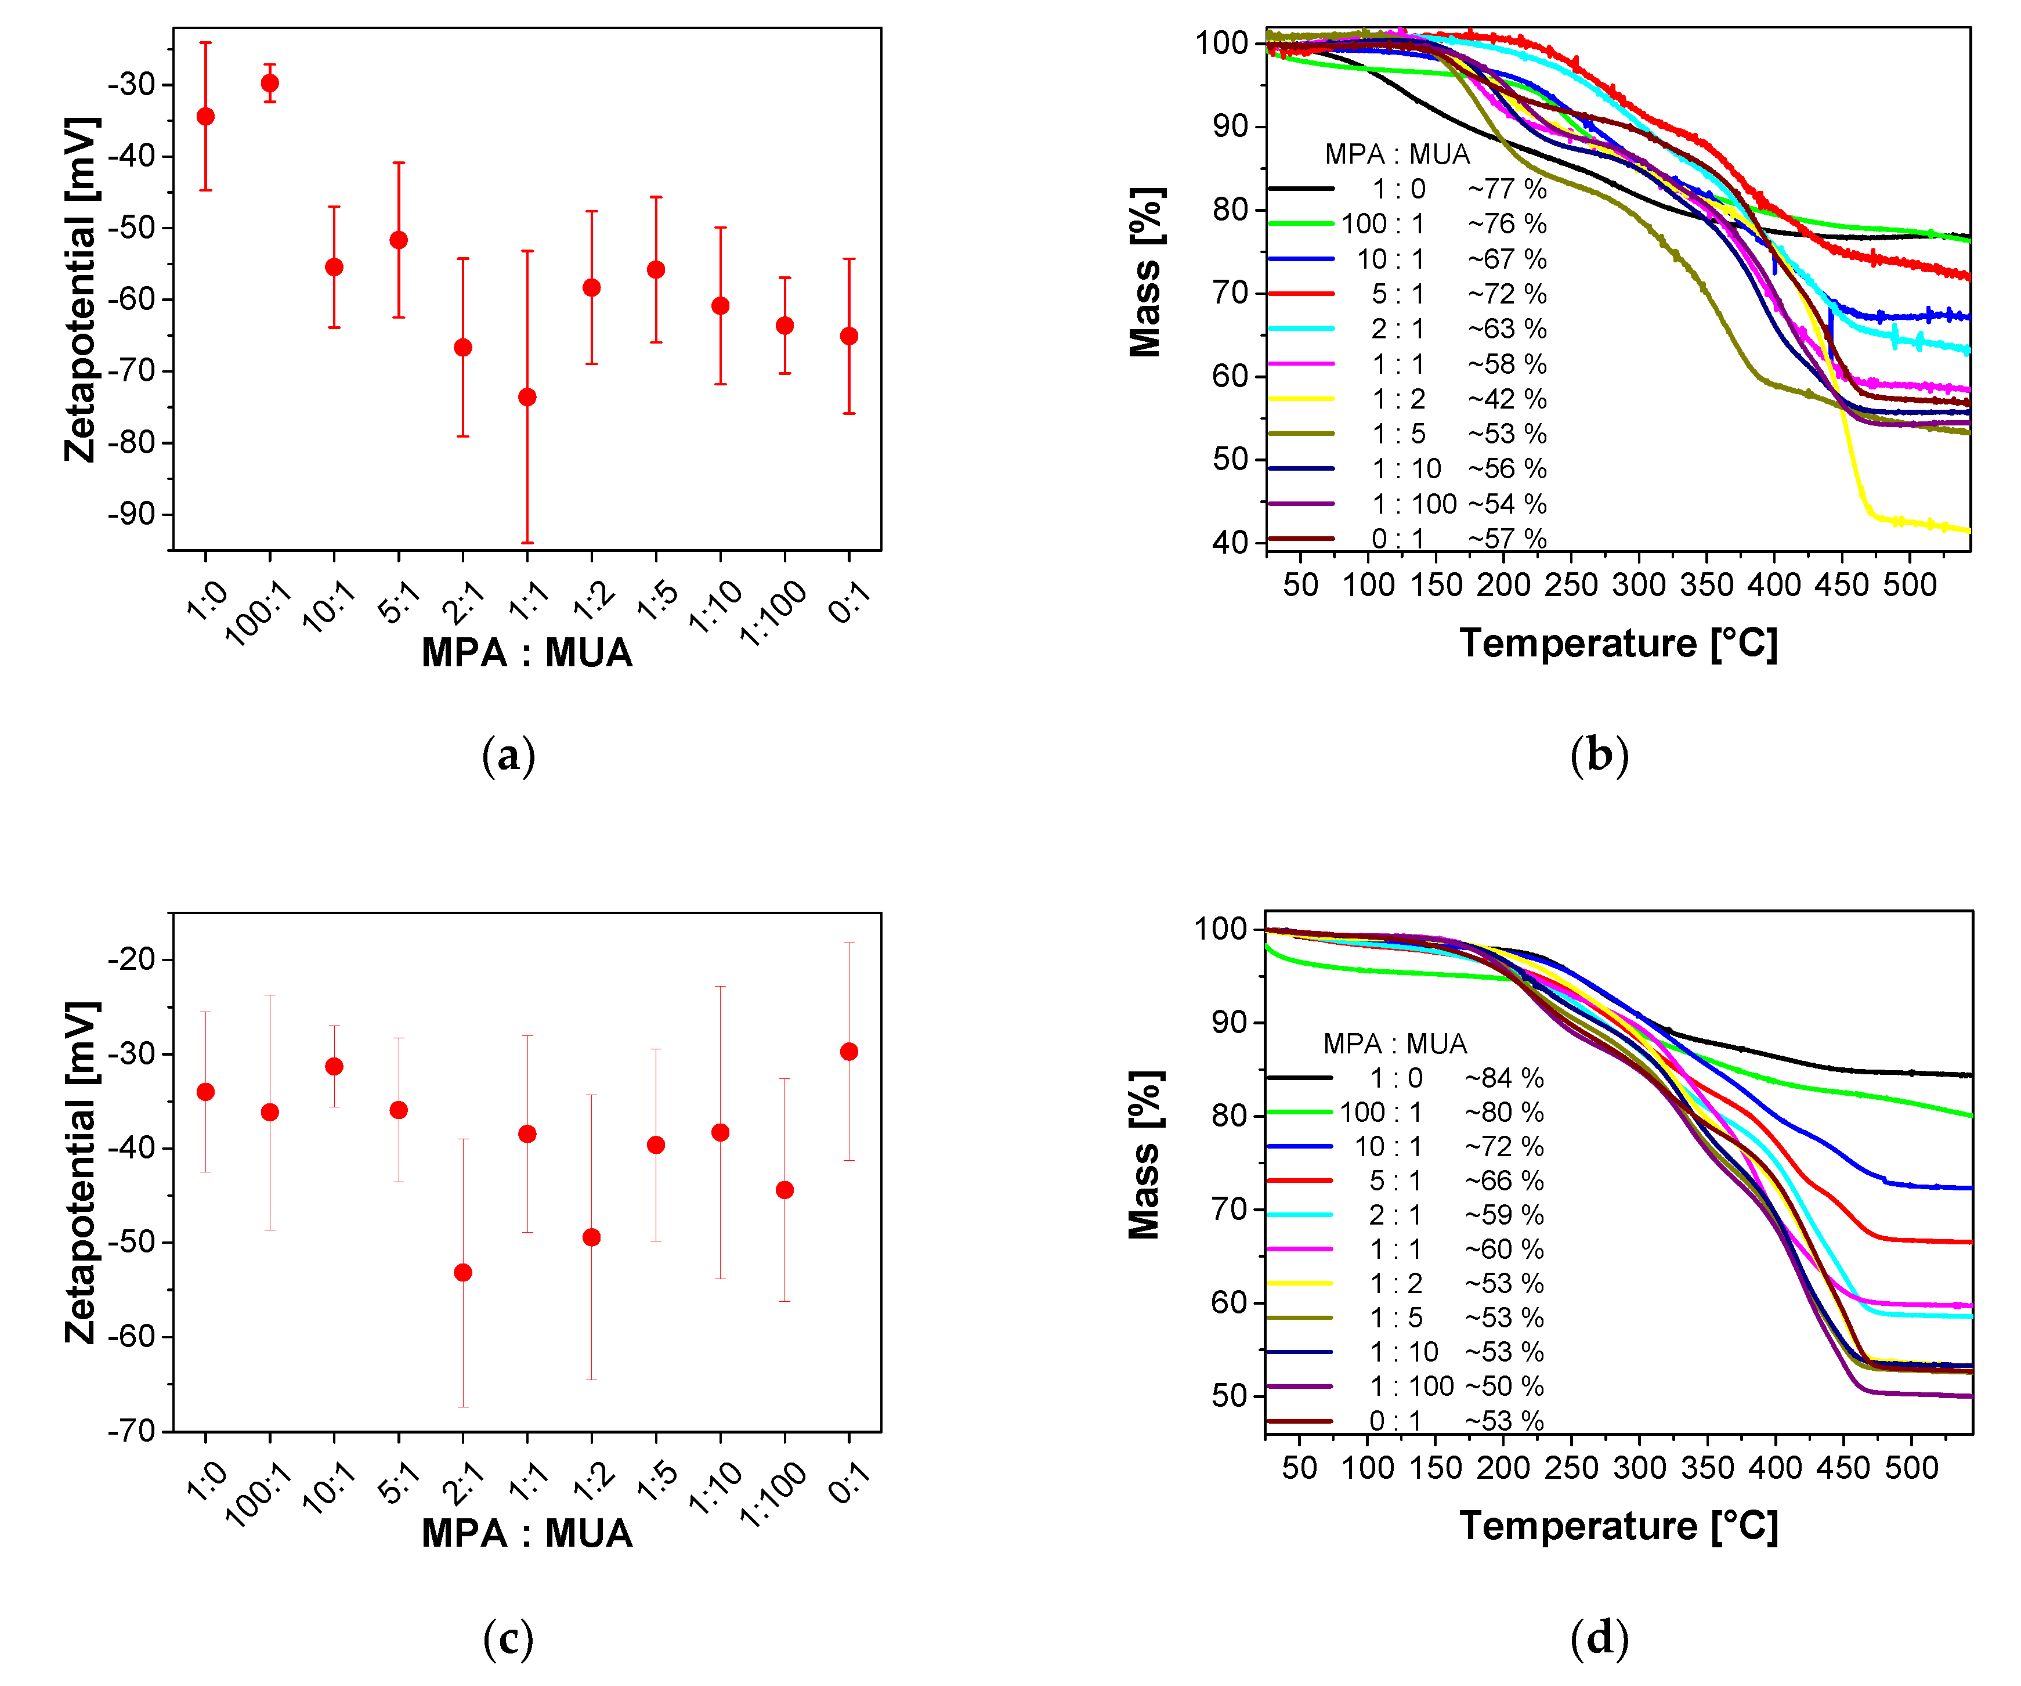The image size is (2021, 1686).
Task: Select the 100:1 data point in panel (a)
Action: [270, 83]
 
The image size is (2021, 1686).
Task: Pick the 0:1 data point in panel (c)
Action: [849, 1051]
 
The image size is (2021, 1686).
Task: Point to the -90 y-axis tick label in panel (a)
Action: [132, 513]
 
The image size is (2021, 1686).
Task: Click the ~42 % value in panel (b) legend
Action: [1506, 398]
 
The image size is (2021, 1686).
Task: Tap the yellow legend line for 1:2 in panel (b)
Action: [1301, 398]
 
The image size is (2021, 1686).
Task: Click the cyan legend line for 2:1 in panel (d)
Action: [1299, 1215]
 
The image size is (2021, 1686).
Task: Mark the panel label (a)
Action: [508, 756]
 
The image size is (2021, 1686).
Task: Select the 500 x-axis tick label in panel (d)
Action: [1910, 1468]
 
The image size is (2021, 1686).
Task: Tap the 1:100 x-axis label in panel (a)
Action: [773, 612]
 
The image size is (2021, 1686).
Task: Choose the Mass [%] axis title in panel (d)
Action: [1145, 1155]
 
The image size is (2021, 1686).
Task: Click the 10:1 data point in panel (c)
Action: [334, 1066]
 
